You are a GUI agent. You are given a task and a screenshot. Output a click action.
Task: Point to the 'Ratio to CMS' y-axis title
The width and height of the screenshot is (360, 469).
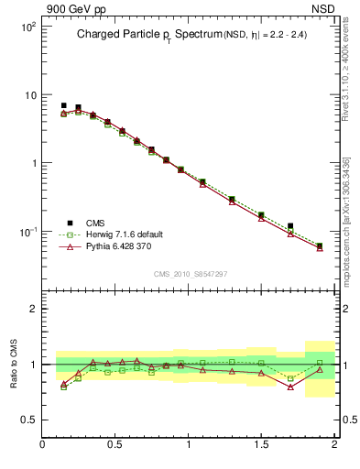pos(14,364)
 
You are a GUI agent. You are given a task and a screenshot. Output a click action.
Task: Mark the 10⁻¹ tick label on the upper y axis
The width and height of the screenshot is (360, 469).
pos(26,232)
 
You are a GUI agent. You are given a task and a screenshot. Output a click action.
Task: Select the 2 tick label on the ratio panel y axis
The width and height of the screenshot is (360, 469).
pos(32,309)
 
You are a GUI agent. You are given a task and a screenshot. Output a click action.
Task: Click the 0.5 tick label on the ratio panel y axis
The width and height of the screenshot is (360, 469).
pos(27,420)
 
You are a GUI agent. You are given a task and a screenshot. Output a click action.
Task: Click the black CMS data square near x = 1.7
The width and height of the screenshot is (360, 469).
pos(290,225)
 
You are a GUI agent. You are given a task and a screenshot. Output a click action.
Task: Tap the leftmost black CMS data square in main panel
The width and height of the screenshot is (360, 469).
pos(63,105)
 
